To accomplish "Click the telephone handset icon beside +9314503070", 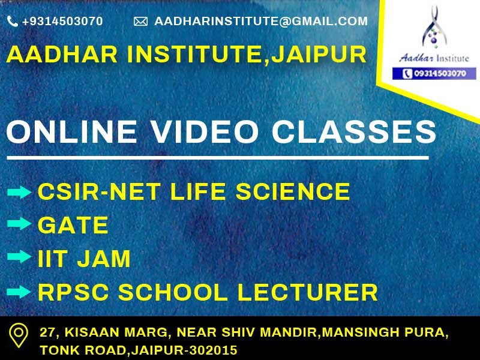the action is click(12, 21).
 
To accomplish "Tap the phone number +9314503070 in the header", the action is click(62, 21).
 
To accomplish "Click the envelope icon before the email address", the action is click(140, 22).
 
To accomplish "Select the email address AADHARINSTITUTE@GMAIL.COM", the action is click(261, 21).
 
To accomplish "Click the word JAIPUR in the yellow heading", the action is click(319, 54).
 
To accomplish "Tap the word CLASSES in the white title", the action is click(354, 131).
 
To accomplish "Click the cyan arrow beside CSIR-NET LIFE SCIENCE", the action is click(19, 192).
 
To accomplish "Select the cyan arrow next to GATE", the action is click(19, 223).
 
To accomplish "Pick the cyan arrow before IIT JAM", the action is click(19, 256).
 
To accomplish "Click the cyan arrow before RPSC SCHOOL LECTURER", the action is click(19, 292).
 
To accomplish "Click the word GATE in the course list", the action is click(73, 225).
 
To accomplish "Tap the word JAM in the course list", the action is click(104, 259).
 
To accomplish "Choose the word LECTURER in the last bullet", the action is click(307, 292).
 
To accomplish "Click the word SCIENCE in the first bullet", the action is click(293, 191).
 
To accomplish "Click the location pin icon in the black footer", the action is click(19, 335).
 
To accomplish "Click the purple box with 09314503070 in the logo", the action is click(434, 73).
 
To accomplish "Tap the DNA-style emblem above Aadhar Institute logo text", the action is click(434, 28).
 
